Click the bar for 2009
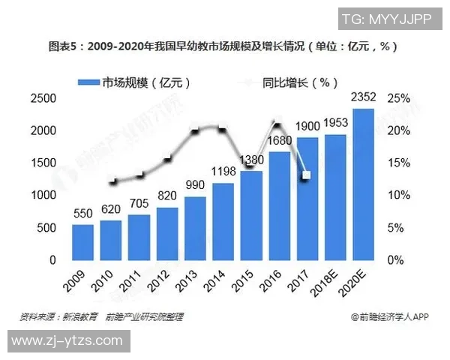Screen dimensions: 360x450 pos(83,241)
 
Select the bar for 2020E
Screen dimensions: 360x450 pos(364,184)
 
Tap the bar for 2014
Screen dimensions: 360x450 pos(223,221)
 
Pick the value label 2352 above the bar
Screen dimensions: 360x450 pos(364,97)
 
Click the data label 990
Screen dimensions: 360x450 pos(195,185)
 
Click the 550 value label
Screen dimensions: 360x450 pos(83,213)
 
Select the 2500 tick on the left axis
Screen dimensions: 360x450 pos(43,98)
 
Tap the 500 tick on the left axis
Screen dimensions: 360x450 pos(47,228)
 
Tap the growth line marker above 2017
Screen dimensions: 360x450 pos(306,175)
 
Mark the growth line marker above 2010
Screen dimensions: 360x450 pos(113,181)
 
